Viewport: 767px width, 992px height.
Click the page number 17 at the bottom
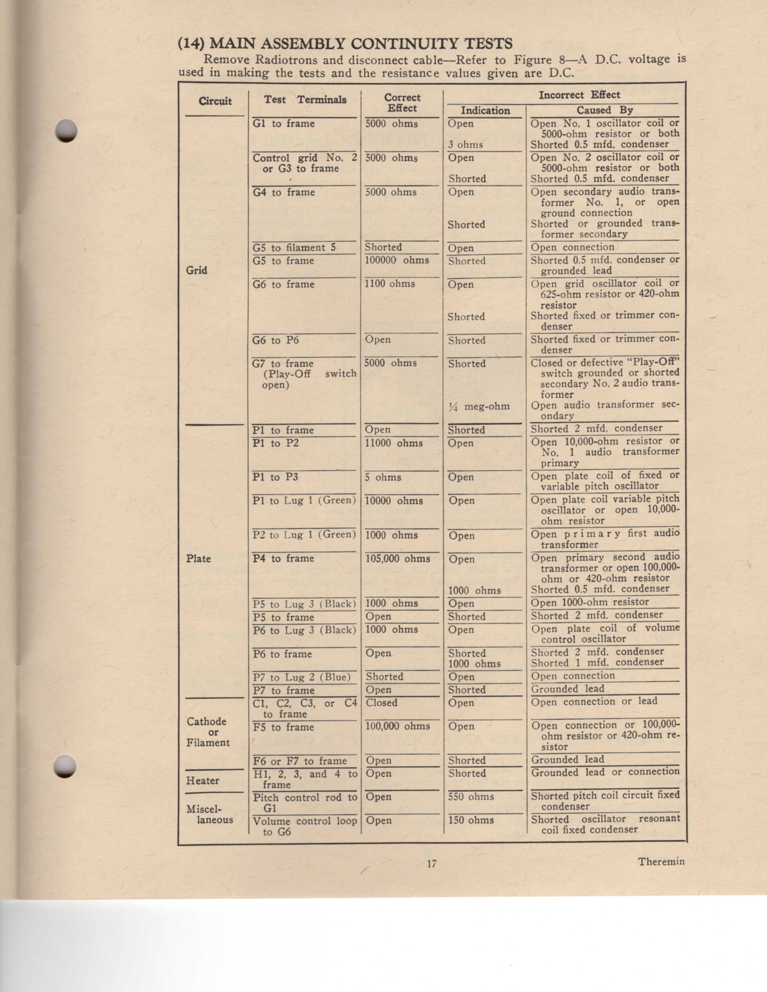(x=432, y=863)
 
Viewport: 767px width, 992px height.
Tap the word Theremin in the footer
(x=661, y=862)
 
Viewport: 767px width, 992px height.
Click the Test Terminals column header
(x=305, y=100)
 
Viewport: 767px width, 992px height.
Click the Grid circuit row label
(x=196, y=270)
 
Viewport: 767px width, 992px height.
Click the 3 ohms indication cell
(x=465, y=145)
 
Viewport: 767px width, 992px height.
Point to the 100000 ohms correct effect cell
(x=397, y=260)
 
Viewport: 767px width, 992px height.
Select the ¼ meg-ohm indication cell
(x=479, y=406)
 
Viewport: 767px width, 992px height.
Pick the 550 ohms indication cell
(x=471, y=796)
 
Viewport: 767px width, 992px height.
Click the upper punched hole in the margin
(x=66, y=130)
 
